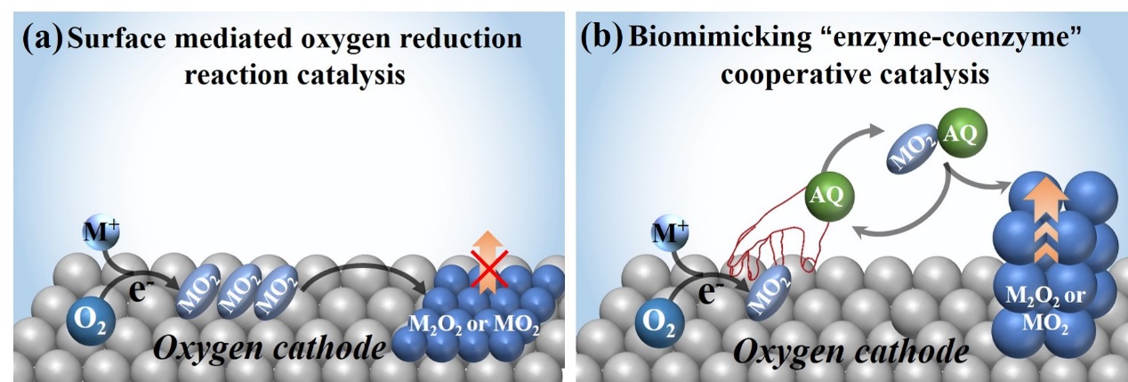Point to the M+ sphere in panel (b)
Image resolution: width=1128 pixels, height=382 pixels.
(x=672, y=235)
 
